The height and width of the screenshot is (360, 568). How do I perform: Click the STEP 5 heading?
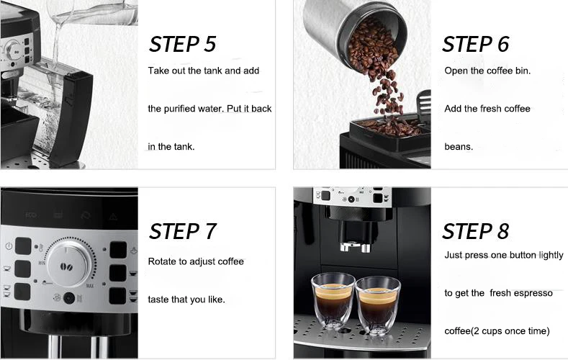tap(182, 44)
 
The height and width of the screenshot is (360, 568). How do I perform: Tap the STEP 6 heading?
tap(476, 44)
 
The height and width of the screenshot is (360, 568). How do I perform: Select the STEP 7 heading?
tap(182, 231)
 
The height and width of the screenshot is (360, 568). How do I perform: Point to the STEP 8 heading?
tap(476, 231)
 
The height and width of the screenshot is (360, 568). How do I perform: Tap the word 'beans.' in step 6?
tap(459, 147)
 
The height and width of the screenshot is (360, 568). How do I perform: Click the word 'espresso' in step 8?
tap(533, 293)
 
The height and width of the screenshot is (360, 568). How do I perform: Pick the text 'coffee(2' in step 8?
tap(461, 331)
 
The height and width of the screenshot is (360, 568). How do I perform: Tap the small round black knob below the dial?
tap(69, 298)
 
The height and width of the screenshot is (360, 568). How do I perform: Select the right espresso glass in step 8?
tap(377, 305)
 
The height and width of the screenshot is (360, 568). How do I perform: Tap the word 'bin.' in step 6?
tap(523, 71)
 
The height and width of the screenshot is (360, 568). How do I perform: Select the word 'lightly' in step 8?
tap(551, 256)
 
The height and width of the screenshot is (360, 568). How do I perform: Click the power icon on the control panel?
tap(9, 246)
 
